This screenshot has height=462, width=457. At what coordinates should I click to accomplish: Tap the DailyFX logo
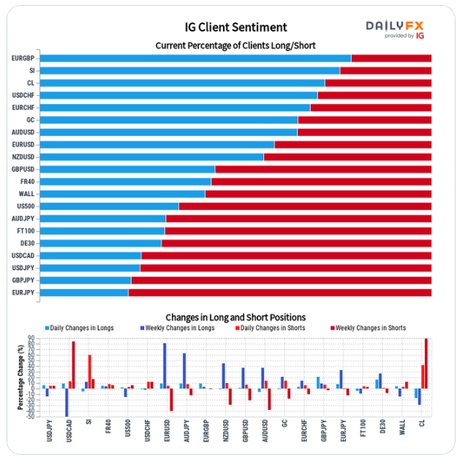[395, 29]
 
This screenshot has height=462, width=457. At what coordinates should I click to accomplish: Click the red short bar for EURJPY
[279, 293]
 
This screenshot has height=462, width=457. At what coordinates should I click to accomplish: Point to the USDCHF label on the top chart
[23, 95]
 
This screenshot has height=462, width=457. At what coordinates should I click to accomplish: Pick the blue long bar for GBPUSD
[127, 169]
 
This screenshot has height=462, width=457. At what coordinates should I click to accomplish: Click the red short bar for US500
[305, 206]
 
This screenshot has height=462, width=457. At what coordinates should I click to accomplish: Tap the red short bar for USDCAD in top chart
[286, 256]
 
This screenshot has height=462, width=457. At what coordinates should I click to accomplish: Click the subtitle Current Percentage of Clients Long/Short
[235, 45]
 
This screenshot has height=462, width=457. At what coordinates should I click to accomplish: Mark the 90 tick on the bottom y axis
[31, 339]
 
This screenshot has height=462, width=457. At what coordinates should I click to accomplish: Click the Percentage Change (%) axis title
[20, 377]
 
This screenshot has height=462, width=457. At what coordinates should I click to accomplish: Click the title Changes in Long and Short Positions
[235, 317]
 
